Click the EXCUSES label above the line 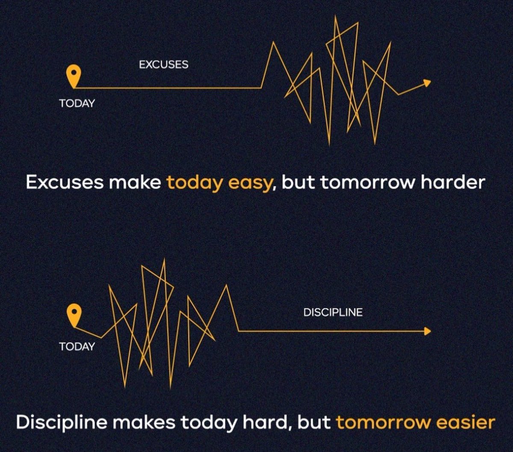(x=163, y=65)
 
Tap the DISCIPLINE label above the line (x=333, y=312)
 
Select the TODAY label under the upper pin (x=77, y=103)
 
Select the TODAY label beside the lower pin (x=77, y=346)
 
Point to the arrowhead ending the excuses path (x=427, y=82)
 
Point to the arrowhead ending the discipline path (x=427, y=331)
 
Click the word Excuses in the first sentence (x=65, y=182)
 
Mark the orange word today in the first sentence (x=194, y=183)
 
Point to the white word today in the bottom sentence (x=207, y=423)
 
